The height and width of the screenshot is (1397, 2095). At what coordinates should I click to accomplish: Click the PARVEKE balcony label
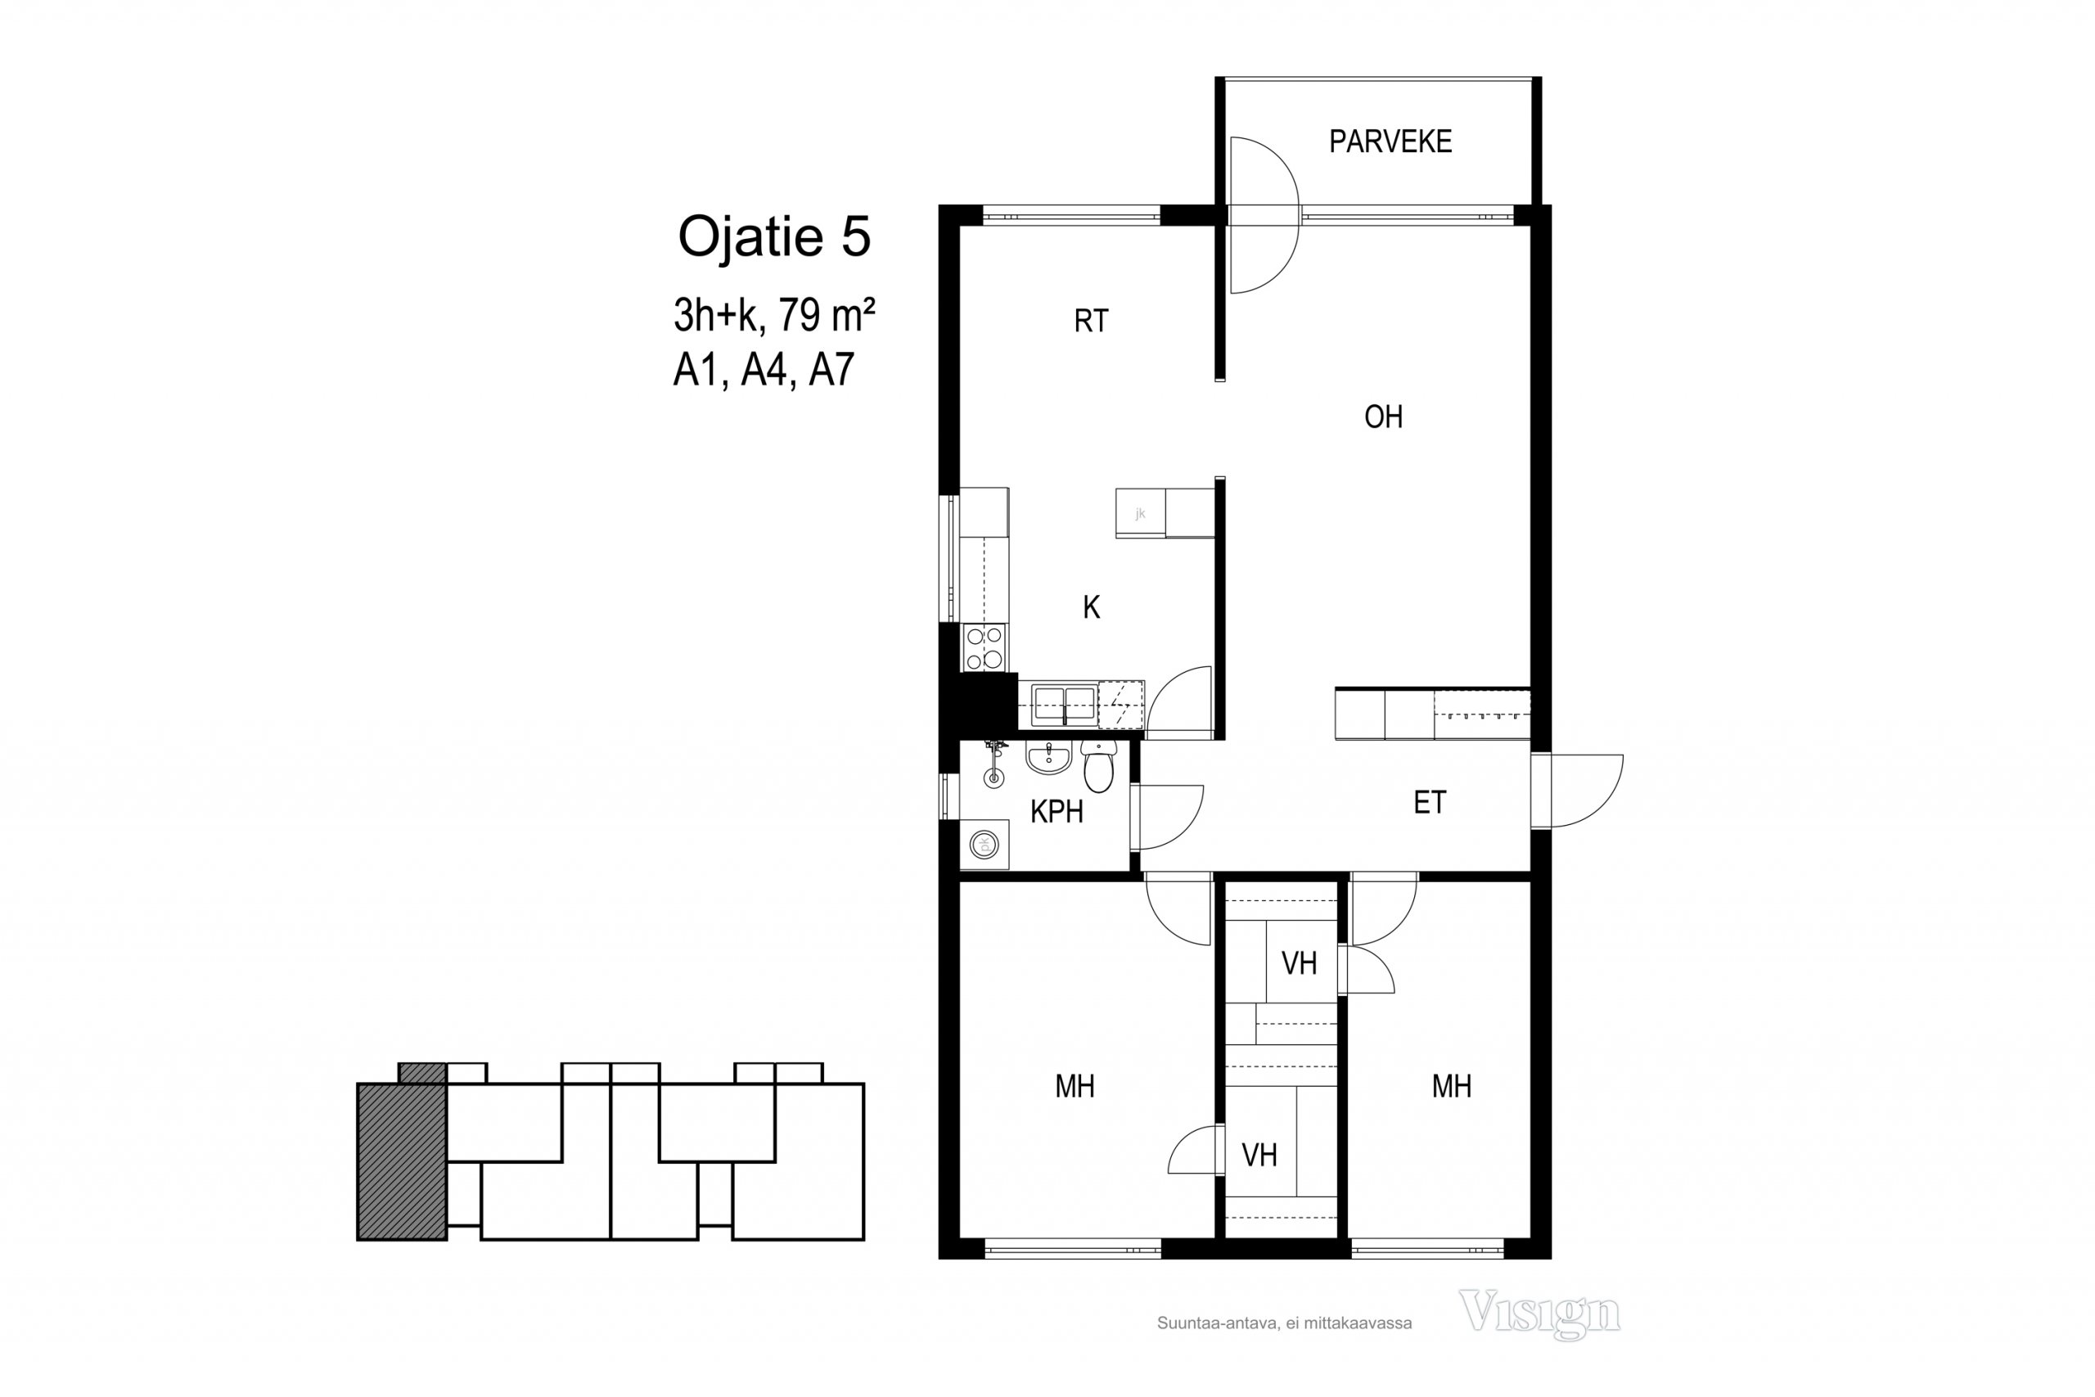tap(1390, 142)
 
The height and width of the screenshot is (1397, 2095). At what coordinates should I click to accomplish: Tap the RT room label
tap(1091, 321)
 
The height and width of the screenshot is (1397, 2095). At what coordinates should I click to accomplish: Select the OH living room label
tap(1383, 417)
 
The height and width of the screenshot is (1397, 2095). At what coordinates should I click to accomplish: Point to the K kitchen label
tap(1091, 607)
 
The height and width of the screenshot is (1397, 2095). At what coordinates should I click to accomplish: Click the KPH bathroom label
tap(1057, 812)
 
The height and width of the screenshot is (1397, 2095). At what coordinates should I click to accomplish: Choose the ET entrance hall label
tap(1430, 803)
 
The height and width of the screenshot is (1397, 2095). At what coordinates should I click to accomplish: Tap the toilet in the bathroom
tap(1099, 767)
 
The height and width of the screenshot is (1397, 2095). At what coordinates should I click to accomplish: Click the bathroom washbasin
tap(1048, 758)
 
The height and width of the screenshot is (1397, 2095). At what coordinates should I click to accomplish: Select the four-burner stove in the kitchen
tap(984, 647)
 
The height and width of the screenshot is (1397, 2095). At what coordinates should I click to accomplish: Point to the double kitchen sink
tap(1064, 705)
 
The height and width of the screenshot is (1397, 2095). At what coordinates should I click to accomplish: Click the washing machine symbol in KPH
tap(984, 844)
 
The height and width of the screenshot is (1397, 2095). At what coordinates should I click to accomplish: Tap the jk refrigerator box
tap(1140, 513)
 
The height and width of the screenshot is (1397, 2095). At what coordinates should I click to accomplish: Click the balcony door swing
tap(1263, 214)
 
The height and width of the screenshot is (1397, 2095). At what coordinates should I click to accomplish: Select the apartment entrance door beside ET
tap(1578, 791)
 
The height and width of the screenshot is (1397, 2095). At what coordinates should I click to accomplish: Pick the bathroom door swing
tap(1168, 817)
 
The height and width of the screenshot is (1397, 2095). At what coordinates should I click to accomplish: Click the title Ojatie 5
tap(774, 237)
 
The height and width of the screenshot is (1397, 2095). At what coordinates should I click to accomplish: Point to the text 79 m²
tap(827, 314)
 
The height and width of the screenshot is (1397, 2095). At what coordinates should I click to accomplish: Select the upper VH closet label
tap(1299, 963)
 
